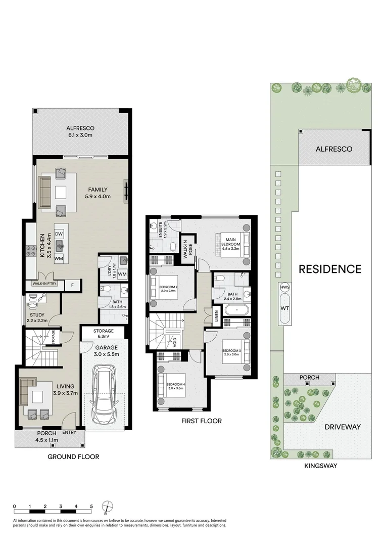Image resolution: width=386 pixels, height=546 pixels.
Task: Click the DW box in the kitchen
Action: pos(59,234)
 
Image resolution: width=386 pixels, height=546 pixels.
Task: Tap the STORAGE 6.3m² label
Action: pos(104,334)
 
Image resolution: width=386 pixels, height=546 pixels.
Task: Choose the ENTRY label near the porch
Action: pos(69,433)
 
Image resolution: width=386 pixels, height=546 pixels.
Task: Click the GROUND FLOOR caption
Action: pos(73,457)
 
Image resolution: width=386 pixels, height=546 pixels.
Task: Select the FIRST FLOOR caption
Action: pos(201,421)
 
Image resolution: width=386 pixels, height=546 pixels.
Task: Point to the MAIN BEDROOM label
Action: pos(230,242)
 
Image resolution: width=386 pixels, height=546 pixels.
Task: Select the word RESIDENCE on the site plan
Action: pos(330,269)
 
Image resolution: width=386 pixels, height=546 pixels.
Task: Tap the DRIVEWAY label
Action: pos(343,427)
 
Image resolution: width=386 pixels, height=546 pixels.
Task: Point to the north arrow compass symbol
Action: pos(107,507)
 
